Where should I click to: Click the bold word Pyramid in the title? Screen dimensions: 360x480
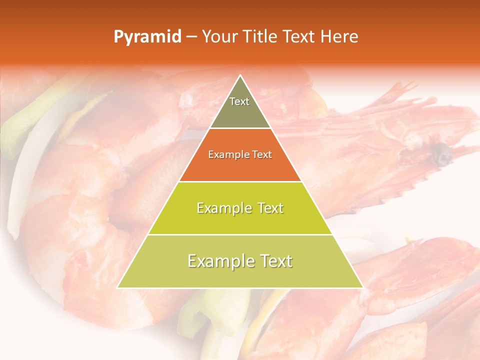pyautogui.click(x=147, y=37)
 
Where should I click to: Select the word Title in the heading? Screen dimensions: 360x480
pyautogui.click(x=262, y=37)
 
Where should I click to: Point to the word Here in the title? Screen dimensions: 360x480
pyautogui.click(x=339, y=37)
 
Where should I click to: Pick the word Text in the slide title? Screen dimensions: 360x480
pyautogui.click(x=300, y=37)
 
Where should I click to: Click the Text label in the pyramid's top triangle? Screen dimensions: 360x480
pyautogui.click(x=239, y=101)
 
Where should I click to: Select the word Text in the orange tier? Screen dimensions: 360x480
pyautogui.click(x=261, y=155)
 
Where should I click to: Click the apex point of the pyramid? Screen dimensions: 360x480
pyautogui.click(x=240, y=75)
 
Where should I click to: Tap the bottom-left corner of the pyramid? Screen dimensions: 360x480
pyautogui.click(x=117, y=287)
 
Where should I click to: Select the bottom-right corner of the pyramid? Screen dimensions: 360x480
pyautogui.click(x=362, y=287)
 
